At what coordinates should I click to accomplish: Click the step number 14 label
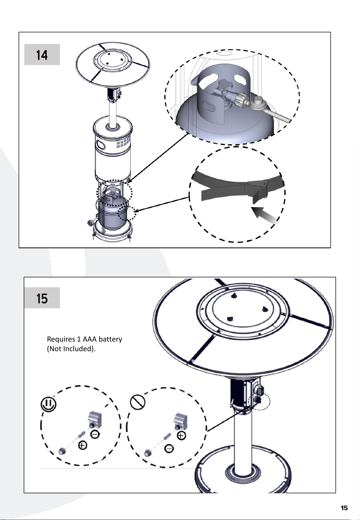tap(42, 55)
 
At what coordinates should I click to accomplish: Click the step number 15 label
tap(42, 298)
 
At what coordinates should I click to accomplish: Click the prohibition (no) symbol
tap(138, 402)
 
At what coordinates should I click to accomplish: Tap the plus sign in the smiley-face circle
tap(82, 446)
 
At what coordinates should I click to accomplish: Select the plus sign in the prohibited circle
tap(182, 435)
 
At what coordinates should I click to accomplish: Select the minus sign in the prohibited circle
tap(169, 449)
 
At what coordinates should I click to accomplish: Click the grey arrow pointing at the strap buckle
tap(264, 215)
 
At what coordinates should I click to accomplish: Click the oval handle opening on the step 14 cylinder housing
tap(101, 145)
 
